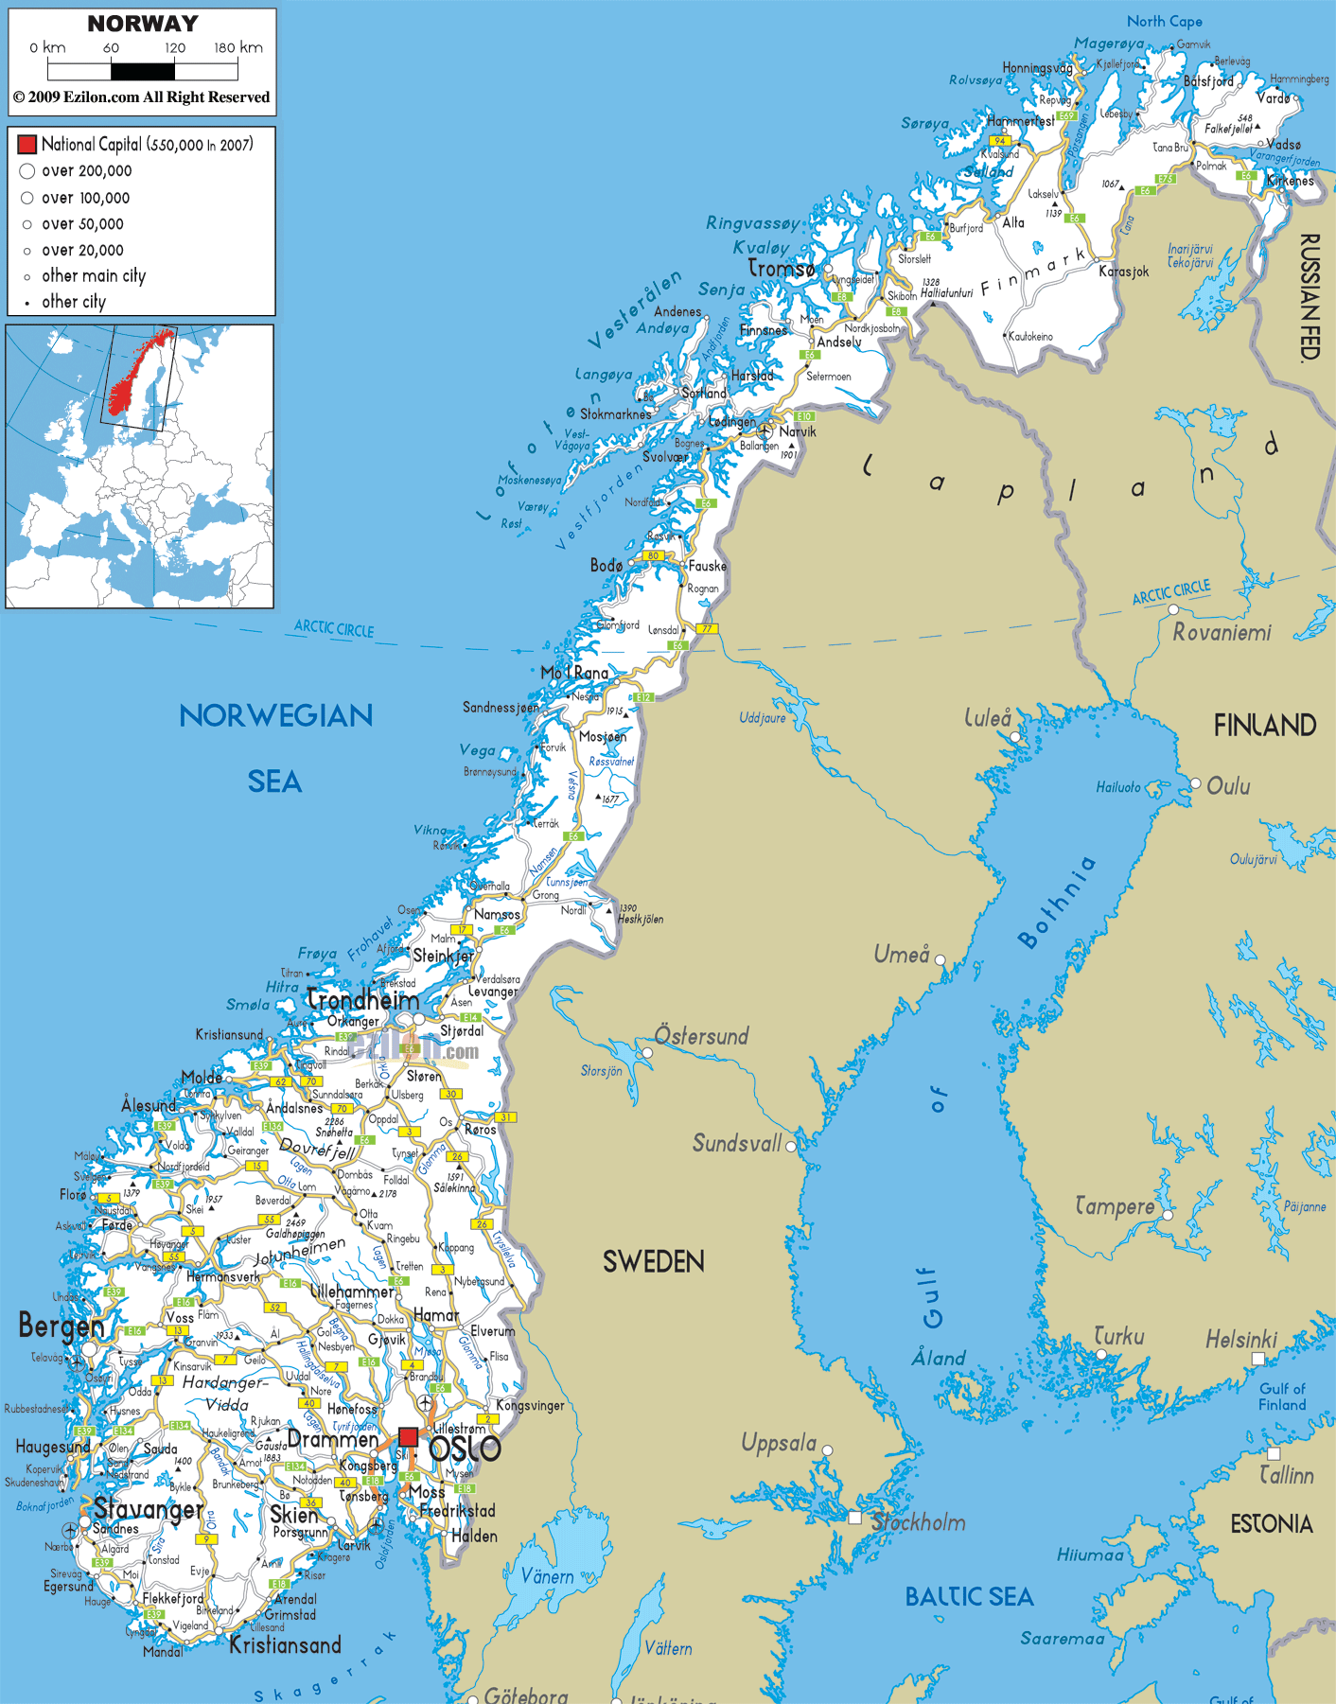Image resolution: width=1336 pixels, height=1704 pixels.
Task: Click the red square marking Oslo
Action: pyautogui.click(x=408, y=1437)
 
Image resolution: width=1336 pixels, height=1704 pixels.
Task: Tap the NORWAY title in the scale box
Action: pyautogui.click(x=143, y=24)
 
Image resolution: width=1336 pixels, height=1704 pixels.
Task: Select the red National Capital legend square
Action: pyautogui.click(x=26, y=144)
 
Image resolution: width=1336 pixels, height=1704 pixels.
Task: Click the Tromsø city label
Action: pyautogui.click(x=782, y=269)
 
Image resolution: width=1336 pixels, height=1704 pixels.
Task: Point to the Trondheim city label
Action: pyautogui.click(x=363, y=1000)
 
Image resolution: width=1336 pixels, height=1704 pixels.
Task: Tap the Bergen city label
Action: pyautogui.click(x=61, y=1326)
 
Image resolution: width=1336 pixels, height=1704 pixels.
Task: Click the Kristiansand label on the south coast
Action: pyautogui.click(x=285, y=1645)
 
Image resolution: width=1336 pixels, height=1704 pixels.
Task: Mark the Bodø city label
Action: pyautogui.click(x=606, y=565)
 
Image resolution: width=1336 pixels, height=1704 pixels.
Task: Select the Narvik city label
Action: pyautogui.click(x=797, y=431)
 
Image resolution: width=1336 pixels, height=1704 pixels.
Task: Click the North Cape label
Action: pyautogui.click(x=1164, y=21)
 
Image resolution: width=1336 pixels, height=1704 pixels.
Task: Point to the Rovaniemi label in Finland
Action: pyautogui.click(x=1222, y=632)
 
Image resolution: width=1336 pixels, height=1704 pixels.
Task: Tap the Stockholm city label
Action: pyautogui.click(x=918, y=1522)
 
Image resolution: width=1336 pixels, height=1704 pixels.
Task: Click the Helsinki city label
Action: pyautogui.click(x=1240, y=1339)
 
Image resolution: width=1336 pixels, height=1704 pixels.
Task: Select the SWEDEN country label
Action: pyautogui.click(x=653, y=1261)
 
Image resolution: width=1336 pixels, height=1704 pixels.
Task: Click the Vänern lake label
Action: pyautogui.click(x=548, y=1576)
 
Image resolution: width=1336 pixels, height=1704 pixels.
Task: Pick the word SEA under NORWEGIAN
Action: pyautogui.click(x=274, y=782)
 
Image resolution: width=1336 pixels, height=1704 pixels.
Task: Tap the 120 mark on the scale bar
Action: pyautogui.click(x=175, y=47)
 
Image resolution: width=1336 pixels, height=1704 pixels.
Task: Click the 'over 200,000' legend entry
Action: pyautogui.click(x=86, y=171)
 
